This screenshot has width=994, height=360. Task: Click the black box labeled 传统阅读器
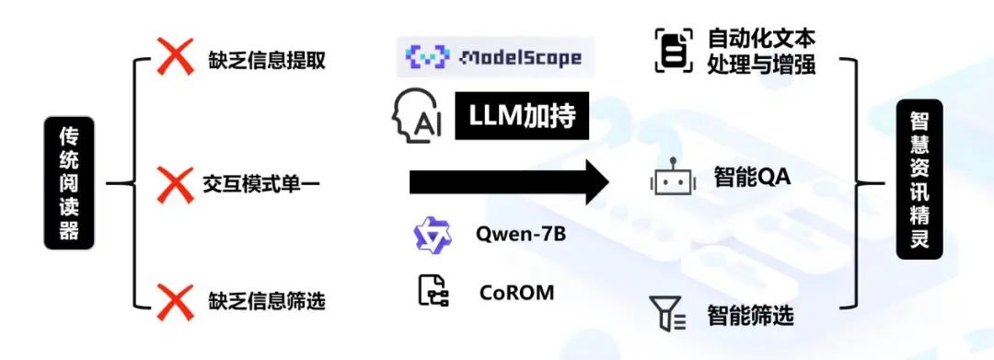click(69, 182)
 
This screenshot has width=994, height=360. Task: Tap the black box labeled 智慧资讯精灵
click(919, 180)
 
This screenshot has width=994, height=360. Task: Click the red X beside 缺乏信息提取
click(176, 56)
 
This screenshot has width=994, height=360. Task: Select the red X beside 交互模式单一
click(176, 184)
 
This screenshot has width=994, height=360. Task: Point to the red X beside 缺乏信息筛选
click(176, 302)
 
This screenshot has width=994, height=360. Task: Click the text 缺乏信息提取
click(267, 60)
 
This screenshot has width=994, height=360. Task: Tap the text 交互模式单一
click(261, 184)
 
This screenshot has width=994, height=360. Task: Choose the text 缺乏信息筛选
click(267, 300)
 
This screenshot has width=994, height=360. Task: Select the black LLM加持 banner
click(522, 116)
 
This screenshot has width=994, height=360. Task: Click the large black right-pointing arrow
click(509, 182)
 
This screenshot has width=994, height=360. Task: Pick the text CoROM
click(516, 292)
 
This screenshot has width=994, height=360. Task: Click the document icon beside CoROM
click(433, 292)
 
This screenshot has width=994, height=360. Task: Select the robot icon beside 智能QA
click(673, 177)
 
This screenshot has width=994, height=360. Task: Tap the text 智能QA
click(753, 177)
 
